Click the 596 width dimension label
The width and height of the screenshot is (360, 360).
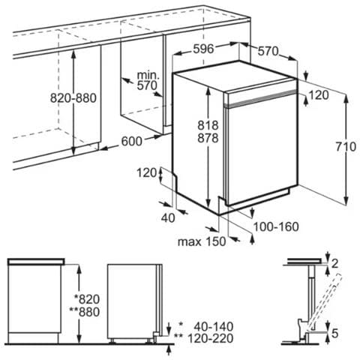[x=203, y=49]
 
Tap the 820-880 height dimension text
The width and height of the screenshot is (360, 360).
[x=73, y=98]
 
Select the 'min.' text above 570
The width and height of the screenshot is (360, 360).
[x=148, y=75]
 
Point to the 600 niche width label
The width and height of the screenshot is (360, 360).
[x=132, y=141]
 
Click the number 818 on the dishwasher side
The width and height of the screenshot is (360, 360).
[x=208, y=125]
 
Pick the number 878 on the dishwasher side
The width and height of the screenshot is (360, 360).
[x=208, y=138]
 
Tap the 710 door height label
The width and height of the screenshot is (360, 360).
[x=346, y=146]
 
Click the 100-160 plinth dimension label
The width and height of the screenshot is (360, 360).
[x=276, y=226]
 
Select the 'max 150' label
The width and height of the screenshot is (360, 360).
[x=202, y=241]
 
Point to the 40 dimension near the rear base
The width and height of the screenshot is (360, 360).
[x=168, y=218]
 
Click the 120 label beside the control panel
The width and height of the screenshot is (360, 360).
[x=319, y=95]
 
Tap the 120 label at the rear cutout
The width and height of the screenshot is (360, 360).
[x=147, y=172]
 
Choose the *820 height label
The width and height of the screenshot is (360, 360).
[x=87, y=299]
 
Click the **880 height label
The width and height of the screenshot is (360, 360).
[x=85, y=312]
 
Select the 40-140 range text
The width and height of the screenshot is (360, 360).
[x=214, y=326]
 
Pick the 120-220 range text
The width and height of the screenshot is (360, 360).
[x=210, y=338]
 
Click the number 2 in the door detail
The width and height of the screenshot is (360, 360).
[x=334, y=263]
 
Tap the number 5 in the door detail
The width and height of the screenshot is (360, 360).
[x=334, y=333]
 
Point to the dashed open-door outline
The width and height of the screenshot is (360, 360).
[x=325, y=301]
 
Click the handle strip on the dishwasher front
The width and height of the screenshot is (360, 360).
[x=262, y=98]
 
